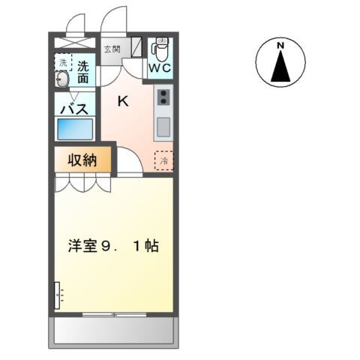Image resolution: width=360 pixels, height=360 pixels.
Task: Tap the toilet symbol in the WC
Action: [x=158, y=49]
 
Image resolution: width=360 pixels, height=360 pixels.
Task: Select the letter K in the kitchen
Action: [x=122, y=101]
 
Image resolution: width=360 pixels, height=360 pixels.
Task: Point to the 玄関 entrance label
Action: [x=112, y=49]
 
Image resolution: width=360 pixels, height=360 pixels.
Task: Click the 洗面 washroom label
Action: [x=82, y=71]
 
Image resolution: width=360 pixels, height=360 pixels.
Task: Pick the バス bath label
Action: [x=74, y=108]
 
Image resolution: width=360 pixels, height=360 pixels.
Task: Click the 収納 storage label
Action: [x=82, y=160]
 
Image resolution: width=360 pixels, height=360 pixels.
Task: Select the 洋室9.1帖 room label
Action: [x=113, y=246]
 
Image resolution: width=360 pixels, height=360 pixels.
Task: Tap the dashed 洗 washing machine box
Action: [x=63, y=63]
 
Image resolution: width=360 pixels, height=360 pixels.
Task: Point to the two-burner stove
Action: [x=163, y=96]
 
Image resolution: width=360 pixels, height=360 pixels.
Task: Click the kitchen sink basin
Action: [x=163, y=125]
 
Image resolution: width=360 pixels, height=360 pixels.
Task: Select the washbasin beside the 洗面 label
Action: [x=63, y=79]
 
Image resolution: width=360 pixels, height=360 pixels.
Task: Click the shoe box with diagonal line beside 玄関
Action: [x=136, y=47]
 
